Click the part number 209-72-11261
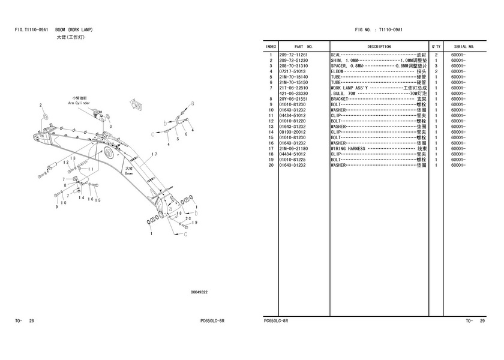tap(293, 55)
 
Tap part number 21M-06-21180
tap(293, 149)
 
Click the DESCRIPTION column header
tap(379, 47)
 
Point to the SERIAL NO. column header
tap(464, 47)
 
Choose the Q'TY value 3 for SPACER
tap(436, 66)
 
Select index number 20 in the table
tap(271, 165)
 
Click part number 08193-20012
tap(292, 132)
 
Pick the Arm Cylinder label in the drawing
tap(79, 103)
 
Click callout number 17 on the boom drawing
tap(154, 154)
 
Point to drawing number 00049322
tap(199, 292)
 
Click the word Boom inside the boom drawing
tap(128, 173)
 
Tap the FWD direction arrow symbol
tap(136, 104)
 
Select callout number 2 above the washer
tap(41, 106)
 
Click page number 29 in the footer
tap(482, 321)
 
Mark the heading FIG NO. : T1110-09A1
tap(379, 30)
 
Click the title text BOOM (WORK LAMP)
tap(74, 30)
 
